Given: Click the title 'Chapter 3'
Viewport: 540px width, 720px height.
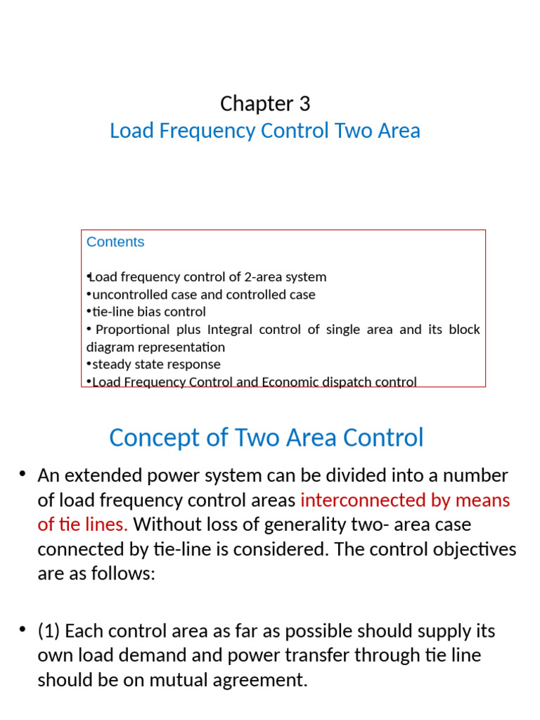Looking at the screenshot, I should tap(265, 104).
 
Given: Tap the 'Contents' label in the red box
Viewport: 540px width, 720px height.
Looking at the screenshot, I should tap(115, 242).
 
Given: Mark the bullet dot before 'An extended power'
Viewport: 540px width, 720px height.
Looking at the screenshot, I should tap(23, 475).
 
